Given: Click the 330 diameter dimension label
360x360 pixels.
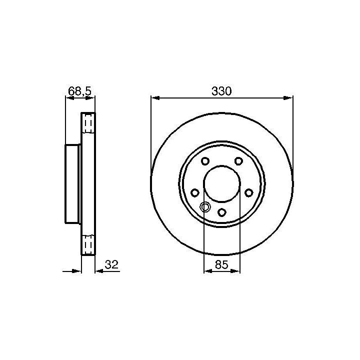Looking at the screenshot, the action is click(221, 91).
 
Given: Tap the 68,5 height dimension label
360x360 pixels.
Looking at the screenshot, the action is click(80, 91).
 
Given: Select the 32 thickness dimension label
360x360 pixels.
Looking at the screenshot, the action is click(111, 264).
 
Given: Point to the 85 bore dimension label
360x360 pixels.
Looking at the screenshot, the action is click(221, 264).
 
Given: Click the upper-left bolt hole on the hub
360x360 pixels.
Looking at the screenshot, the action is click(205, 161).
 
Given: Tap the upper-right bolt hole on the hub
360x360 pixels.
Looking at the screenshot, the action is click(239, 161).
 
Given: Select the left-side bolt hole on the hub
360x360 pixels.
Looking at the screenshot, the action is click(194, 193).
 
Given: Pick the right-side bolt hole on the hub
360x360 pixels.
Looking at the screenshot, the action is click(249, 193).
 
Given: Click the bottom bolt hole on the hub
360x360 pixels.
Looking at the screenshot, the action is click(222, 212).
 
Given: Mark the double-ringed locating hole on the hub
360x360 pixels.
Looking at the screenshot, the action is click(205, 207).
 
